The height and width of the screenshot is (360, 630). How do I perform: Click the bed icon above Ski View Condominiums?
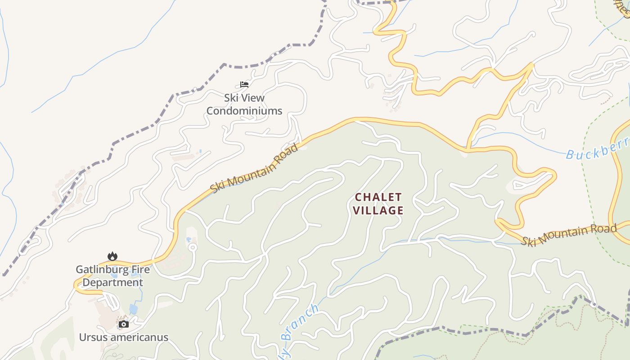[x=244, y=84]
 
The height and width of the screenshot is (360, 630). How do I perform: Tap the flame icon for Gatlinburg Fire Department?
[x=112, y=256]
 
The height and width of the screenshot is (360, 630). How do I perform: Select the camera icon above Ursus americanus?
[x=123, y=324]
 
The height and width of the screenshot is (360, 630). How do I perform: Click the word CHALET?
[x=378, y=198]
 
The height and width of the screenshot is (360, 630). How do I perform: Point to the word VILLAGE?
[x=378, y=210]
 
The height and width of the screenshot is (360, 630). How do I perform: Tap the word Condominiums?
[x=244, y=111]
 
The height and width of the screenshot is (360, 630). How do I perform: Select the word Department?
[x=113, y=283]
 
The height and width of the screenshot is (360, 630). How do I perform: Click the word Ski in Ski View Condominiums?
[x=233, y=98]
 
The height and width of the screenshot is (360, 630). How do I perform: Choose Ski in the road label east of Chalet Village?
[x=529, y=241]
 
